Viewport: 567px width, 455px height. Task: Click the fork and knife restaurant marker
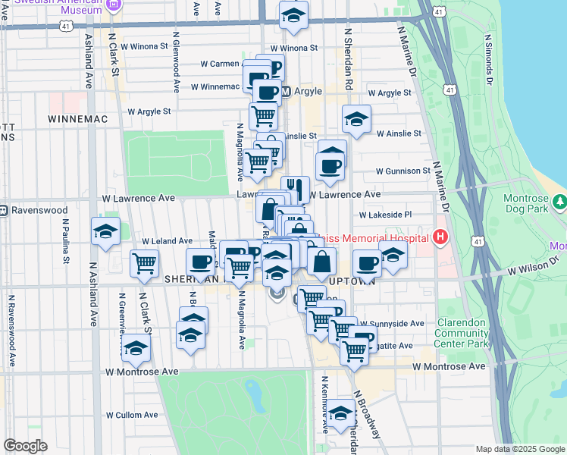click(x=295, y=187)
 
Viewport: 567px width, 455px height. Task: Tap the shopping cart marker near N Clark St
click(x=144, y=263)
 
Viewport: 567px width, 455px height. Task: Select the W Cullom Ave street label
click(x=131, y=415)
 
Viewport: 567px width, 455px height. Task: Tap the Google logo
click(x=26, y=446)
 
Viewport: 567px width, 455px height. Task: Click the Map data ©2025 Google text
click(x=519, y=449)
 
